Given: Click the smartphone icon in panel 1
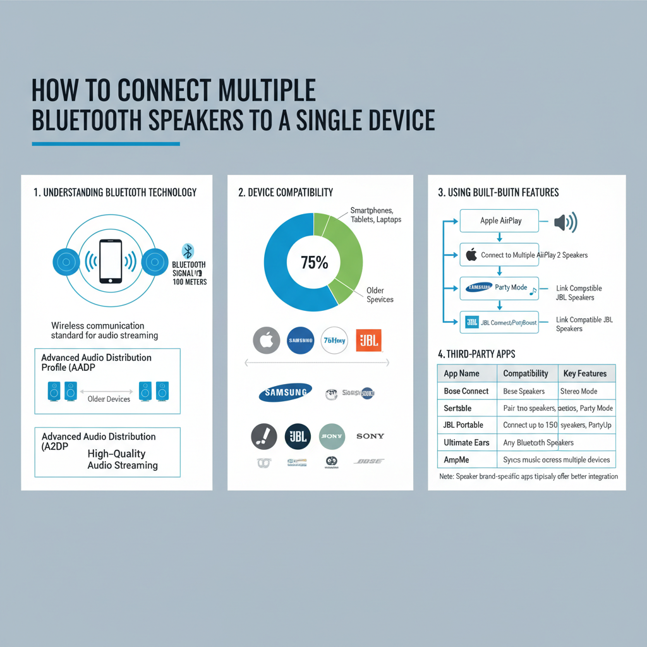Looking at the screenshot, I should [111, 261].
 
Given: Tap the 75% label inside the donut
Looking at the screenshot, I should [314, 262].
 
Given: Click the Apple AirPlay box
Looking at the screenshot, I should [500, 221].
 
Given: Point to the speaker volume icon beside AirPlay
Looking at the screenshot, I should [565, 222].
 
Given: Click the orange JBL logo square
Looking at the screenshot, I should [368, 341].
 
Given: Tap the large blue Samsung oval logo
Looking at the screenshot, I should [285, 392].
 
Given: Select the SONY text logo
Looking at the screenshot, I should [370, 436].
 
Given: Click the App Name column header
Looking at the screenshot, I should [461, 373].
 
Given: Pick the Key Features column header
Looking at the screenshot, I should [584, 373].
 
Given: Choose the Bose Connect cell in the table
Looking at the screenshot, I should [466, 391].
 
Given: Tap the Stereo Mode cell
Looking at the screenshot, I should [578, 391].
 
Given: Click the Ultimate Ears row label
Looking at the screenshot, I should [467, 442].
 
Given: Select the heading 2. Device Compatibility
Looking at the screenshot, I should [285, 192].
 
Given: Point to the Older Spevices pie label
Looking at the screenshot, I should [380, 295].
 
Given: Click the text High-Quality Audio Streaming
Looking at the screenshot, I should [122, 459].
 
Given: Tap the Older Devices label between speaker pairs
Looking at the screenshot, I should [109, 399].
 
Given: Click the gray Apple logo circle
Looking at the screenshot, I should [266, 340].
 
